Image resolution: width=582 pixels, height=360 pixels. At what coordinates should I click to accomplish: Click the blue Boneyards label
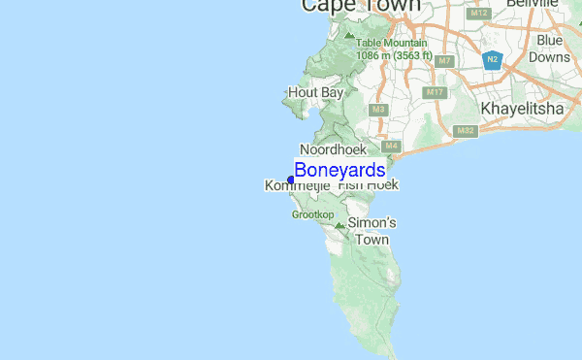(339, 171)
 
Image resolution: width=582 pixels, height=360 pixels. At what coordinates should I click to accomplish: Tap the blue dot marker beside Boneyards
(291, 180)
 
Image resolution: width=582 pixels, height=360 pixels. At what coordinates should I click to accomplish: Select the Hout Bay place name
(315, 93)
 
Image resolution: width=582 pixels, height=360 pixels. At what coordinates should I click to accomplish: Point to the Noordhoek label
(333, 149)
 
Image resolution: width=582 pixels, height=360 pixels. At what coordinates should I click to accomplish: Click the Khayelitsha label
(522, 110)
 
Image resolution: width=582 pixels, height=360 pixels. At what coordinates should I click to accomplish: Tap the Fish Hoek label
(369, 184)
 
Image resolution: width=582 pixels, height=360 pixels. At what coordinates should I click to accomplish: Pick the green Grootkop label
(312, 214)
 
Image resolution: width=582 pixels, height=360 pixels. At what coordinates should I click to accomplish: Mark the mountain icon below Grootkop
(339, 226)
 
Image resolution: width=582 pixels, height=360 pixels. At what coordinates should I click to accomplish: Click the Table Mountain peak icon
(349, 36)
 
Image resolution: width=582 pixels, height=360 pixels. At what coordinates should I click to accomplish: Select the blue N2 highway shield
(493, 60)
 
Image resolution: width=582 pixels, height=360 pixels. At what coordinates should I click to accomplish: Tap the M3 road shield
(378, 110)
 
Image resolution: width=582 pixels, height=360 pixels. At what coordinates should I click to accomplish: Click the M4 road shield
(391, 146)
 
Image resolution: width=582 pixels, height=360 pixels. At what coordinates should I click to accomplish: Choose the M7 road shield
(444, 61)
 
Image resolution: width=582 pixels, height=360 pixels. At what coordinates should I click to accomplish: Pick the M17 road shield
(434, 92)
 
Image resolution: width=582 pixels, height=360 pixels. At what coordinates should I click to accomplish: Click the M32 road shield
(466, 130)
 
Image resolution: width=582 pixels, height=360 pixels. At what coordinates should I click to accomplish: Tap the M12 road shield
(477, 14)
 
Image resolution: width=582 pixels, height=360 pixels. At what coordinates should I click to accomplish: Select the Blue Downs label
(550, 48)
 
